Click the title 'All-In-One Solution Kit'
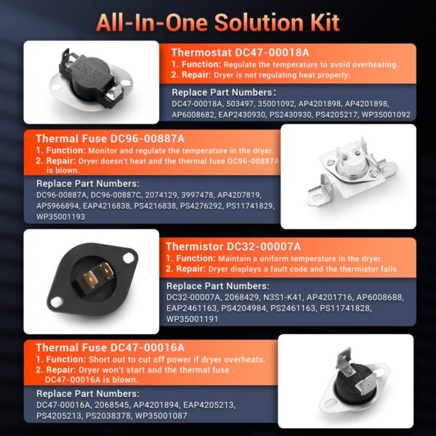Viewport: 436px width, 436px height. click(x=218, y=23)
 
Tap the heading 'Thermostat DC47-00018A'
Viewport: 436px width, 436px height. click(x=240, y=52)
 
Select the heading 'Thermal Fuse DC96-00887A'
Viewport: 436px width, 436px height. click(x=110, y=139)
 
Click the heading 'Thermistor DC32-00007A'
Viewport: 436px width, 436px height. click(x=233, y=246)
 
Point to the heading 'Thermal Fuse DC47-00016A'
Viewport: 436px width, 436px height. click(x=110, y=347)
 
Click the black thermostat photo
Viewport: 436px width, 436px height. click(x=92, y=81)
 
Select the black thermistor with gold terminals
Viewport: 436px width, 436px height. click(x=92, y=281)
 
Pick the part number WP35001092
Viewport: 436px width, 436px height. click(x=386, y=115)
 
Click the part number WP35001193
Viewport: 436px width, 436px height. click(x=60, y=217)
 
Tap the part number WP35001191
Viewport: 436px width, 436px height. click(x=192, y=319)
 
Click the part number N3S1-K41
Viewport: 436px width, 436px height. click(x=283, y=297)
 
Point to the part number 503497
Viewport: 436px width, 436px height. click(x=240, y=104)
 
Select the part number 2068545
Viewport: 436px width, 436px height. click(x=112, y=405)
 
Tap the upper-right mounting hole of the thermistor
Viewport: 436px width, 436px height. click(x=128, y=258)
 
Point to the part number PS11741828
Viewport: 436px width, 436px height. click(x=345, y=308)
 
